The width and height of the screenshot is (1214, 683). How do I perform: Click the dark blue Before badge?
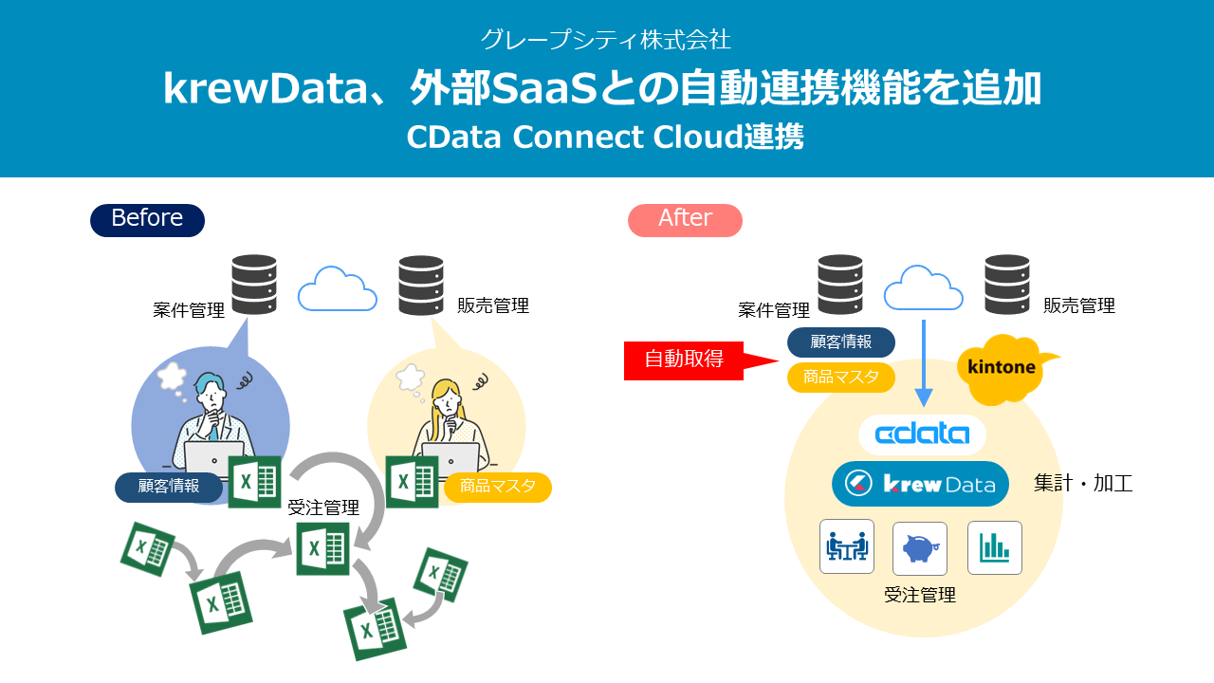tap(147, 219)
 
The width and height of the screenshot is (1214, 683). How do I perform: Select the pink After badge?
tap(685, 219)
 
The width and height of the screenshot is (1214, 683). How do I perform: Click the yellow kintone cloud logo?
tap(1002, 367)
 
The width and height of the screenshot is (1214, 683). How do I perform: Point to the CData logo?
tap(922, 434)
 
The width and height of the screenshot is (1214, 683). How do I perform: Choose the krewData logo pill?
tap(919, 484)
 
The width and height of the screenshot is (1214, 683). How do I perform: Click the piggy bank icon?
tap(919, 547)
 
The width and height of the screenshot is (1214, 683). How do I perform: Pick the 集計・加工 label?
tap(1083, 484)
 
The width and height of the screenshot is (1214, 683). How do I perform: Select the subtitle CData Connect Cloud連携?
tap(605, 138)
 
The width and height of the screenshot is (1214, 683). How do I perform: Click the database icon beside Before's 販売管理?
tap(421, 284)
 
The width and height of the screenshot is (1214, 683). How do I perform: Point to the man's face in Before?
tap(211, 397)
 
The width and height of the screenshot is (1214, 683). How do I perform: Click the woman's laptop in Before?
tap(451, 459)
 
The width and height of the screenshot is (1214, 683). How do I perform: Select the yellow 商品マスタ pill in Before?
tap(497, 487)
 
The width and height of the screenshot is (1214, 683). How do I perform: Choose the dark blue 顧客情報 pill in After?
tap(841, 342)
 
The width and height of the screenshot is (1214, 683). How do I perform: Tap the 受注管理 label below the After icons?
tap(919, 596)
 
